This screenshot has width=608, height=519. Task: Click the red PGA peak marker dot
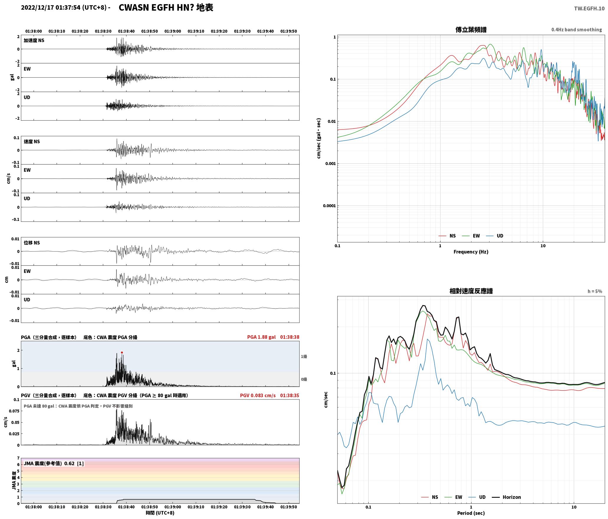(122, 352)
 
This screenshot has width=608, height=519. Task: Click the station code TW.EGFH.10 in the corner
(589, 9)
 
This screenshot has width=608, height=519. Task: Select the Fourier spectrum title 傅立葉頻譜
(471, 29)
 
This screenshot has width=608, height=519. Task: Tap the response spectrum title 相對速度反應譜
(471, 291)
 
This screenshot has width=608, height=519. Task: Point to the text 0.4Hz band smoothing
(576, 29)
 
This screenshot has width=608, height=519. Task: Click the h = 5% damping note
(595, 291)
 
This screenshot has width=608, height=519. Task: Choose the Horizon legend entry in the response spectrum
(507, 497)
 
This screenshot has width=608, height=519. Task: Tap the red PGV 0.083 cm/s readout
(258, 395)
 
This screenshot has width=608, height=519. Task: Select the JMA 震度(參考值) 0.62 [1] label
(54, 463)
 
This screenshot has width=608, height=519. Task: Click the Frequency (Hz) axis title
(471, 252)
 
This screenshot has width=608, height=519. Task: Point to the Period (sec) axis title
(471, 513)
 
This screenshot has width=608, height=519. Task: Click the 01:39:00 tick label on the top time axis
(173, 31)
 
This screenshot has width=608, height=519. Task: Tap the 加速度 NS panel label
(34, 40)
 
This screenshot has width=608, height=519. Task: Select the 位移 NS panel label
(32, 243)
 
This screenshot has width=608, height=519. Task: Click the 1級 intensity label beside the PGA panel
(304, 357)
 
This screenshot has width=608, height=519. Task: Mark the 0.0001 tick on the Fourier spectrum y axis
(329, 206)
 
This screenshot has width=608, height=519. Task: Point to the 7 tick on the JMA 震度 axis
(18, 458)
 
